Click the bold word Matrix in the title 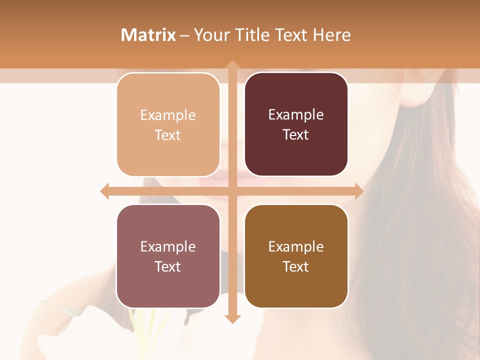(148, 35)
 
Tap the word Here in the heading (331, 35)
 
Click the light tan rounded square (168, 124)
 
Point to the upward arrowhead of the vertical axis (232, 65)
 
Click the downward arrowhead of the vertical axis (232, 318)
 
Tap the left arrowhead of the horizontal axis (105, 191)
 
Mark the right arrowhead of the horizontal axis (358, 191)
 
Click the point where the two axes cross (232, 191)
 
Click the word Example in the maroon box (296, 115)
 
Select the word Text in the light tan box (168, 135)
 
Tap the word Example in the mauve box (168, 246)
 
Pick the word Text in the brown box (296, 266)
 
